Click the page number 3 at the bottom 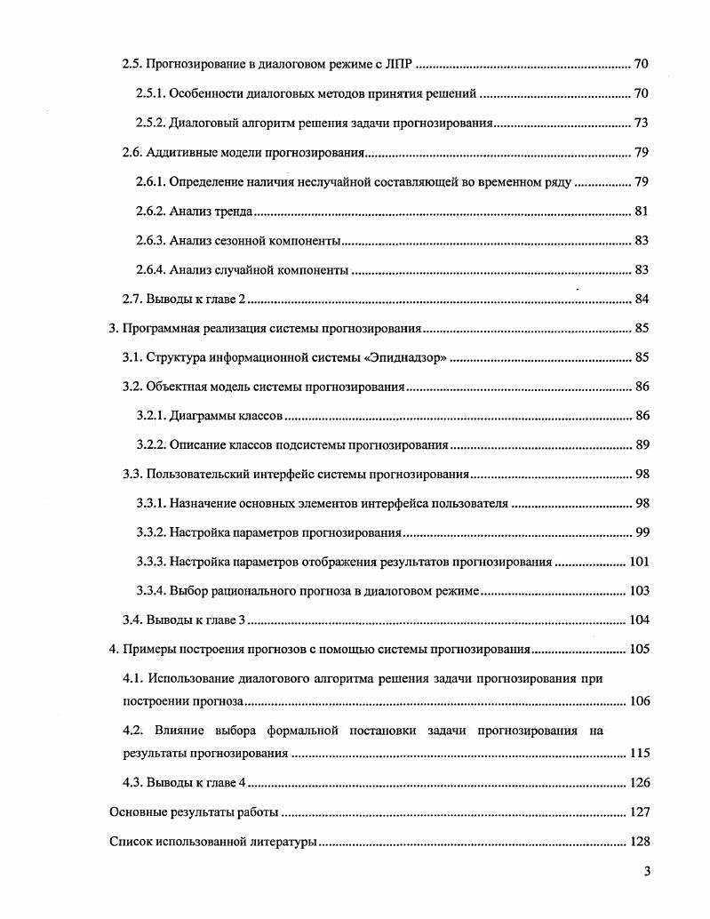pos(647,871)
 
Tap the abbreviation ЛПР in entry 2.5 pos(401,64)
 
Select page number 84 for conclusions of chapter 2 pos(642,299)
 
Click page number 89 pos(642,445)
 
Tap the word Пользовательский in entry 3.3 pos(195,475)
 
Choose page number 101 pos(639,563)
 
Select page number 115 pos(639,754)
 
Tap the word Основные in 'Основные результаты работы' pos(134,812)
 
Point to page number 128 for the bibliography pos(639,842)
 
